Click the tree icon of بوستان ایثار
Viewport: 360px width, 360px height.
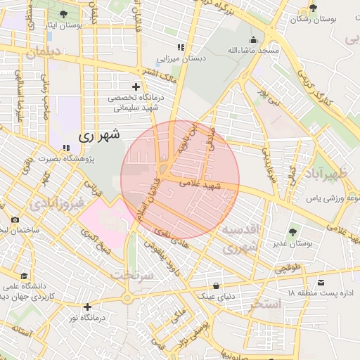click(x=65, y=13)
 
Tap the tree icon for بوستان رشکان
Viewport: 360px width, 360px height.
click(x=313, y=9)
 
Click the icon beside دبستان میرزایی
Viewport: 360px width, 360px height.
click(x=181, y=48)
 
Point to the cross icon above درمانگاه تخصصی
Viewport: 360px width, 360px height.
click(x=136, y=86)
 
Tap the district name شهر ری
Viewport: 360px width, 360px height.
click(x=98, y=134)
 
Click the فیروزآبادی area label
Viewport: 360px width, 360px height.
click(x=58, y=202)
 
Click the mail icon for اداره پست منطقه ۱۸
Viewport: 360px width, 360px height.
click(x=321, y=282)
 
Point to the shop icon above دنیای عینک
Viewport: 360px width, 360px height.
click(x=216, y=285)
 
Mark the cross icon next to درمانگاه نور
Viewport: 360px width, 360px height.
click(x=86, y=307)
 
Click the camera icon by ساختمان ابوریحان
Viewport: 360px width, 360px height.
click(x=15, y=220)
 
